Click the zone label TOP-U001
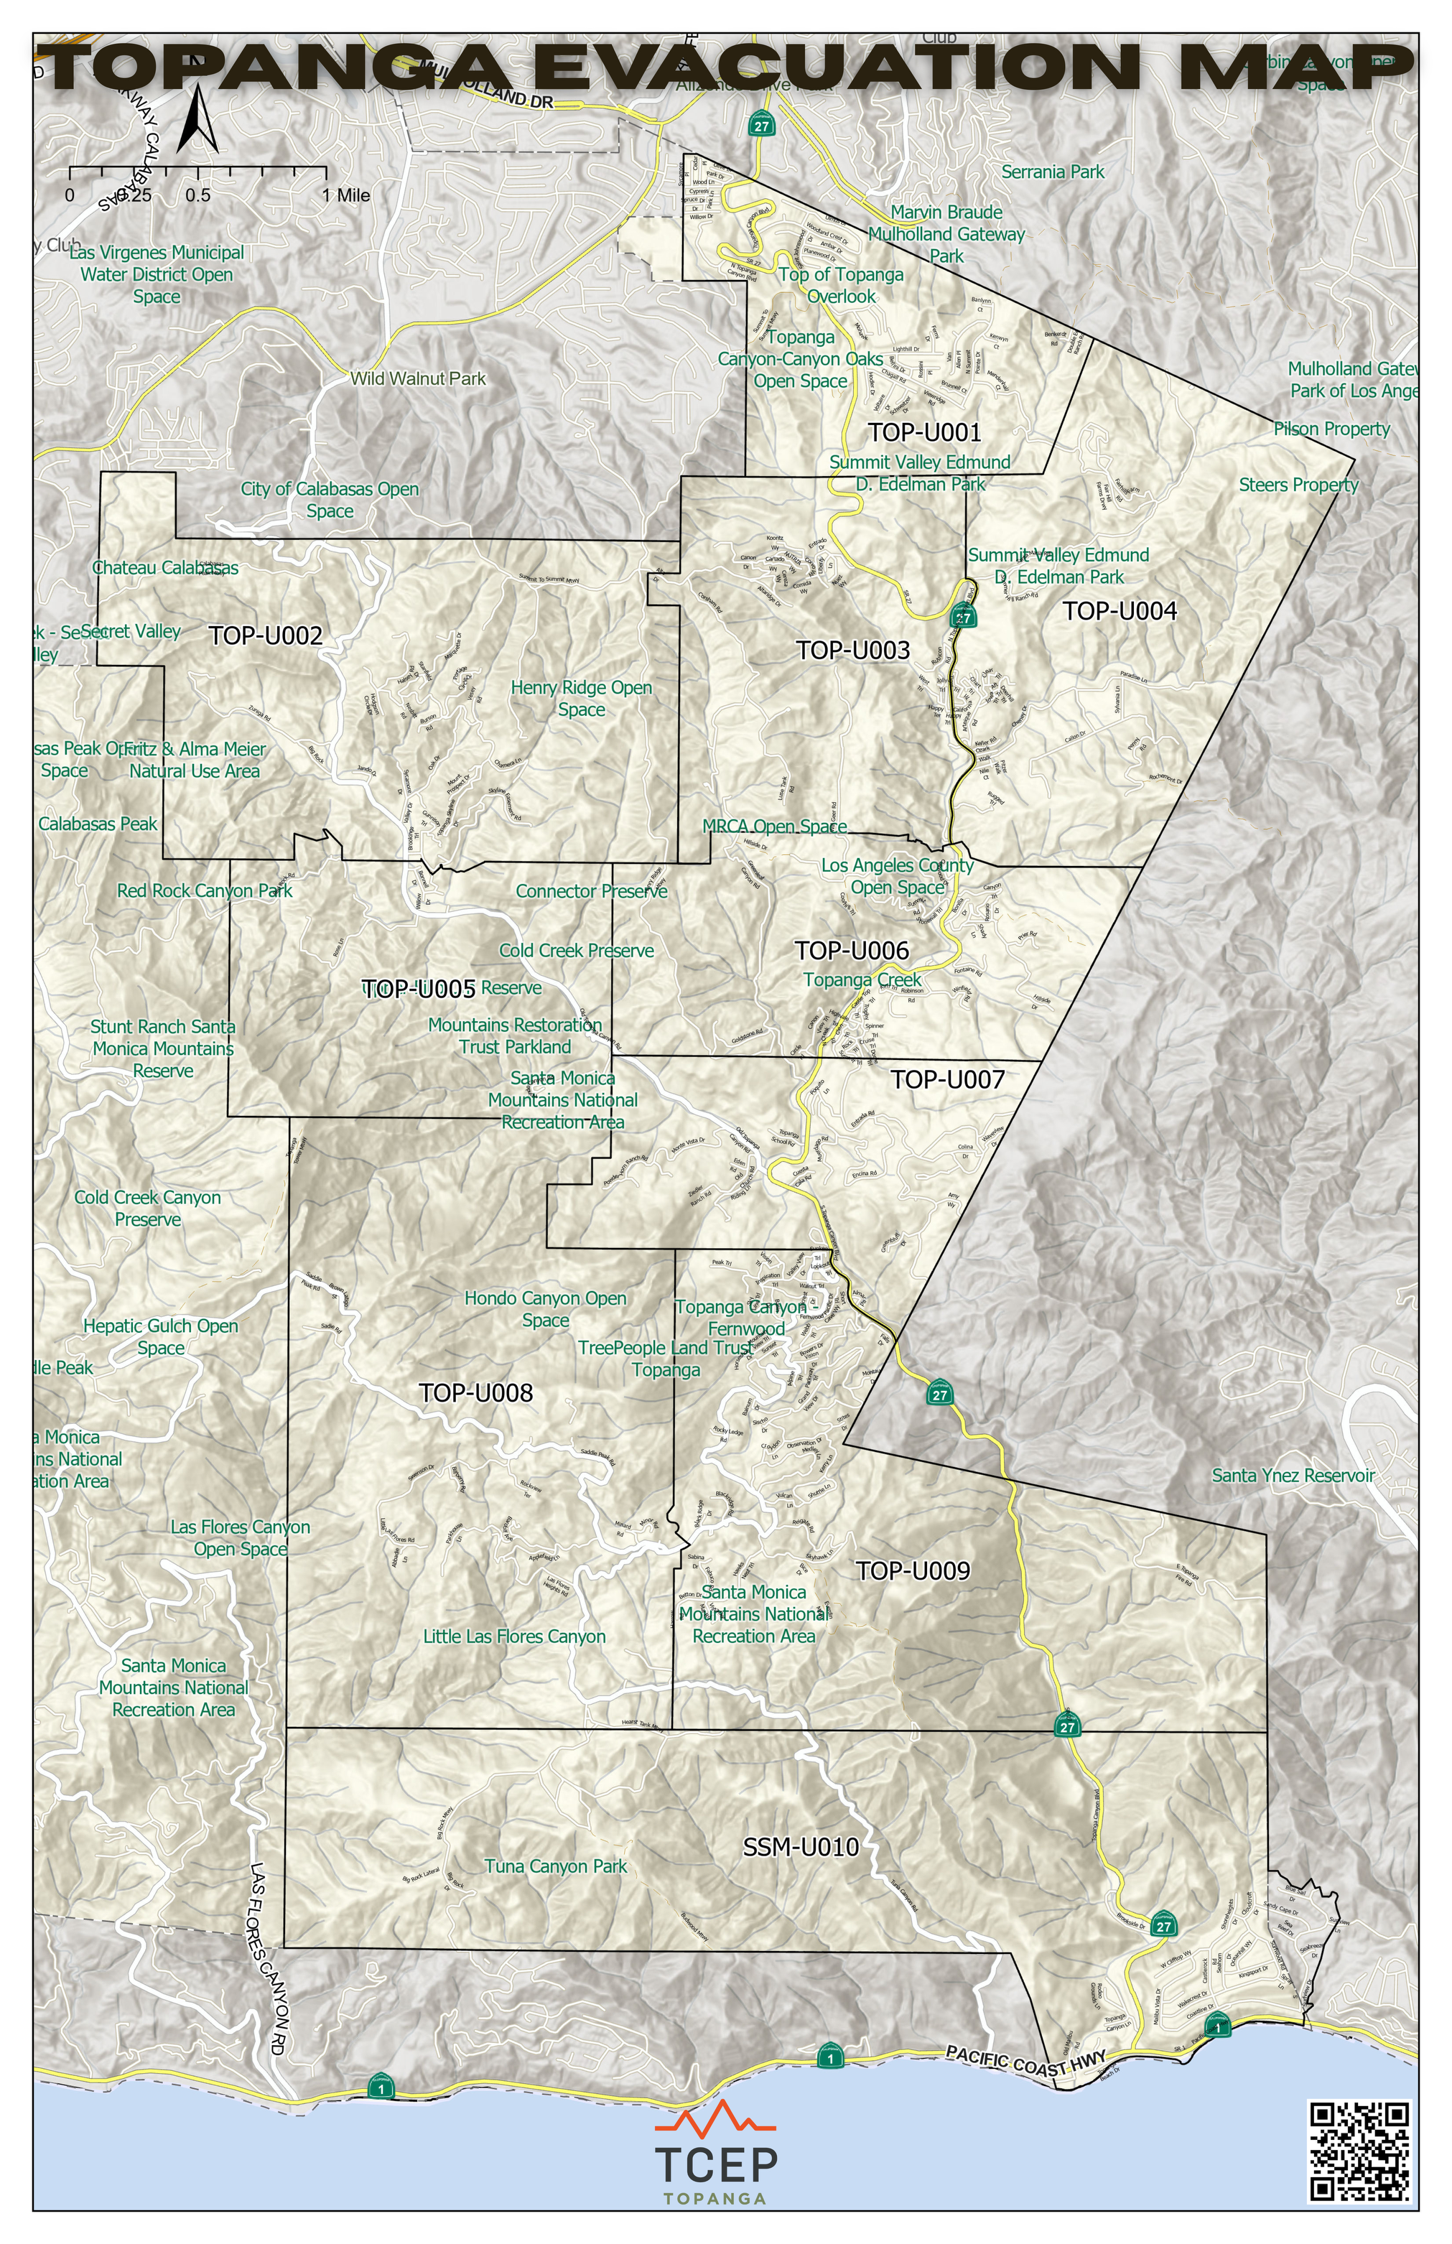(x=924, y=433)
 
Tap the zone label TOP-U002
(x=265, y=636)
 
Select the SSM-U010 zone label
(x=801, y=1847)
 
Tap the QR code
(x=1359, y=2150)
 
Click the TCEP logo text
(x=716, y=2166)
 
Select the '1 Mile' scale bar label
(x=345, y=196)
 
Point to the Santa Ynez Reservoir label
(x=1293, y=1476)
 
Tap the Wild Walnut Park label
(x=418, y=379)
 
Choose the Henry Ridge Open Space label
(x=581, y=699)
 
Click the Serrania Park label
(x=1052, y=172)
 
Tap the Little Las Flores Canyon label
(x=514, y=1637)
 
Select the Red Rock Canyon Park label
(x=205, y=891)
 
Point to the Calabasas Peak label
(x=98, y=824)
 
